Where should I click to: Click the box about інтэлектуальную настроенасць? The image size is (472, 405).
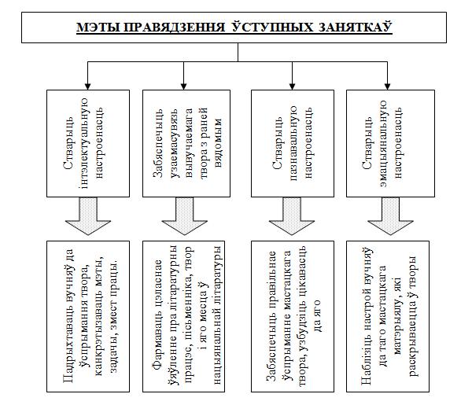(x=88, y=144)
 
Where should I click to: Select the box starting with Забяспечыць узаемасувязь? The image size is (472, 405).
(x=186, y=144)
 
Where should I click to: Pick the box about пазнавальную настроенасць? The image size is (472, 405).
(x=293, y=144)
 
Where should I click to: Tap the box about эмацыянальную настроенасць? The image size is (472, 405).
(x=390, y=144)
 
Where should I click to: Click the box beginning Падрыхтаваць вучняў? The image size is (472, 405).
(x=88, y=316)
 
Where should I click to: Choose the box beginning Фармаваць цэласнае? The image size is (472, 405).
(x=183, y=316)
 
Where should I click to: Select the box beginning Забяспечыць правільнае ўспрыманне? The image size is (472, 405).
(x=293, y=316)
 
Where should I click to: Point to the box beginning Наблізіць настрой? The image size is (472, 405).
(x=388, y=316)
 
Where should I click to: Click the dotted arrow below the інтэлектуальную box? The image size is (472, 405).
(x=88, y=216)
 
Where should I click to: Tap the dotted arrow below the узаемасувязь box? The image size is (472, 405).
(x=185, y=216)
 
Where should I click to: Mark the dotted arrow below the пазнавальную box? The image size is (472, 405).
(x=292, y=216)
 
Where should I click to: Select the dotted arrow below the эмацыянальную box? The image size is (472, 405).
(x=390, y=216)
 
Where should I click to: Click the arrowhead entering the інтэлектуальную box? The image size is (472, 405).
(x=87, y=87)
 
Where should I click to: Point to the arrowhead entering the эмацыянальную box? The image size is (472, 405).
(x=387, y=87)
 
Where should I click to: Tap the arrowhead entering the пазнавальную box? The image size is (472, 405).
(x=292, y=87)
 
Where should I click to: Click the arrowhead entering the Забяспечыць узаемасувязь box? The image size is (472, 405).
(x=183, y=87)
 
